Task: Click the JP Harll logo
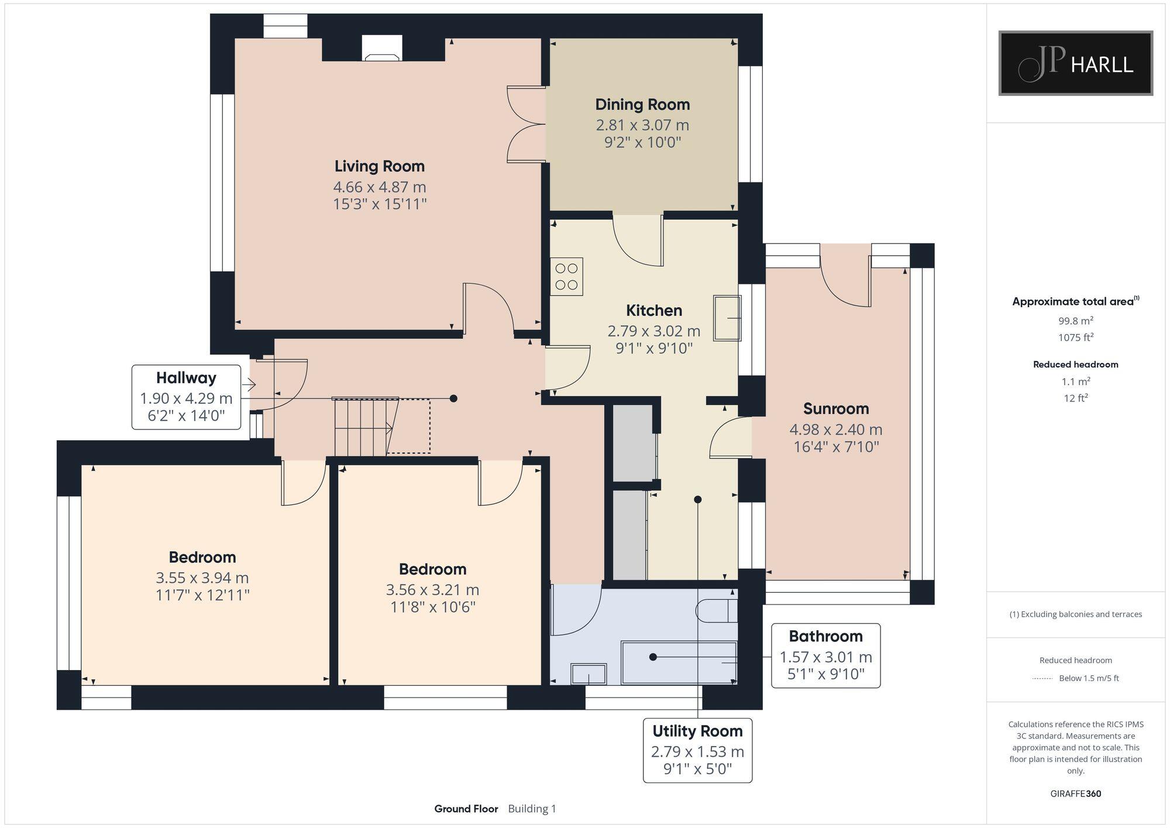click(x=1075, y=63)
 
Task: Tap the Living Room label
click(x=379, y=166)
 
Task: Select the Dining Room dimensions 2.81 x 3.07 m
click(x=642, y=125)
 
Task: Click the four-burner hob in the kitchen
click(x=566, y=277)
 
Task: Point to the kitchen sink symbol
click(x=727, y=318)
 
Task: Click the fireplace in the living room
click(x=382, y=49)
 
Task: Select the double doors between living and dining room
click(x=526, y=124)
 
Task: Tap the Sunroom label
click(x=835, y=408)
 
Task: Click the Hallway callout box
click(x=186, y=397)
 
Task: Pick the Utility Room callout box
click(x=697, y=750)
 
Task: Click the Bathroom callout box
click(x=825, y=655)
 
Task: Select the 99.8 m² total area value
click(x=1075, y=321)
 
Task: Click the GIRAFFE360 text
click(x=1075, y=794)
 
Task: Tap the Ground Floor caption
click(x=466, y=809)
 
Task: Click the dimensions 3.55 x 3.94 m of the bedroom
click(x=202, y=578)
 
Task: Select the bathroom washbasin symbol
click(x=589, y=675)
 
